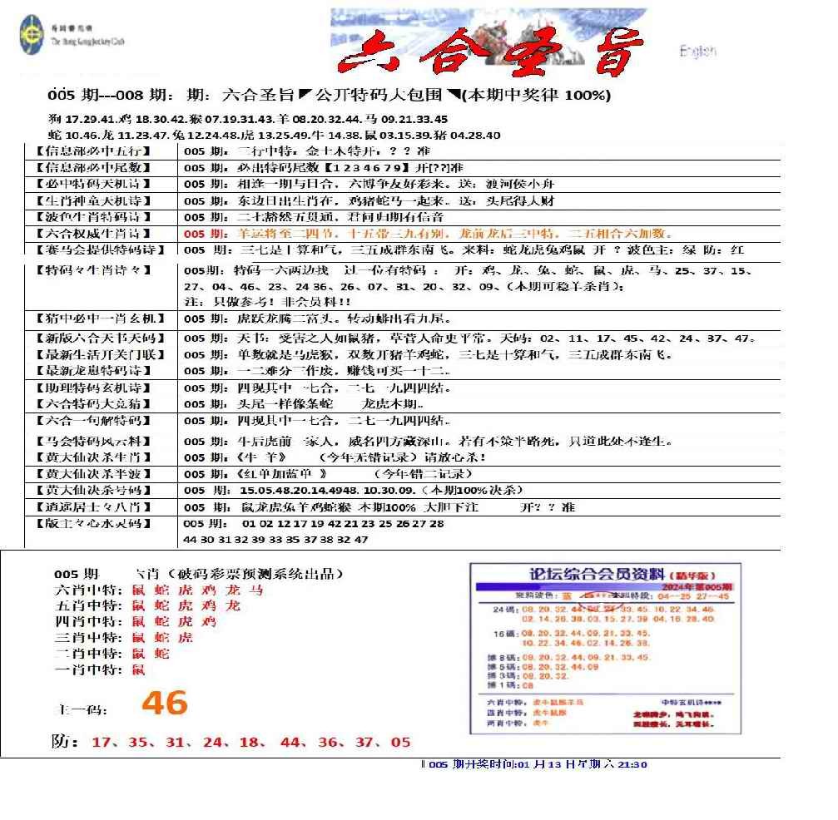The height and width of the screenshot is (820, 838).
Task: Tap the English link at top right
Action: coord(697,52)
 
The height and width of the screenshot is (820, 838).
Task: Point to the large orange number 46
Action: coord(164,704)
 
